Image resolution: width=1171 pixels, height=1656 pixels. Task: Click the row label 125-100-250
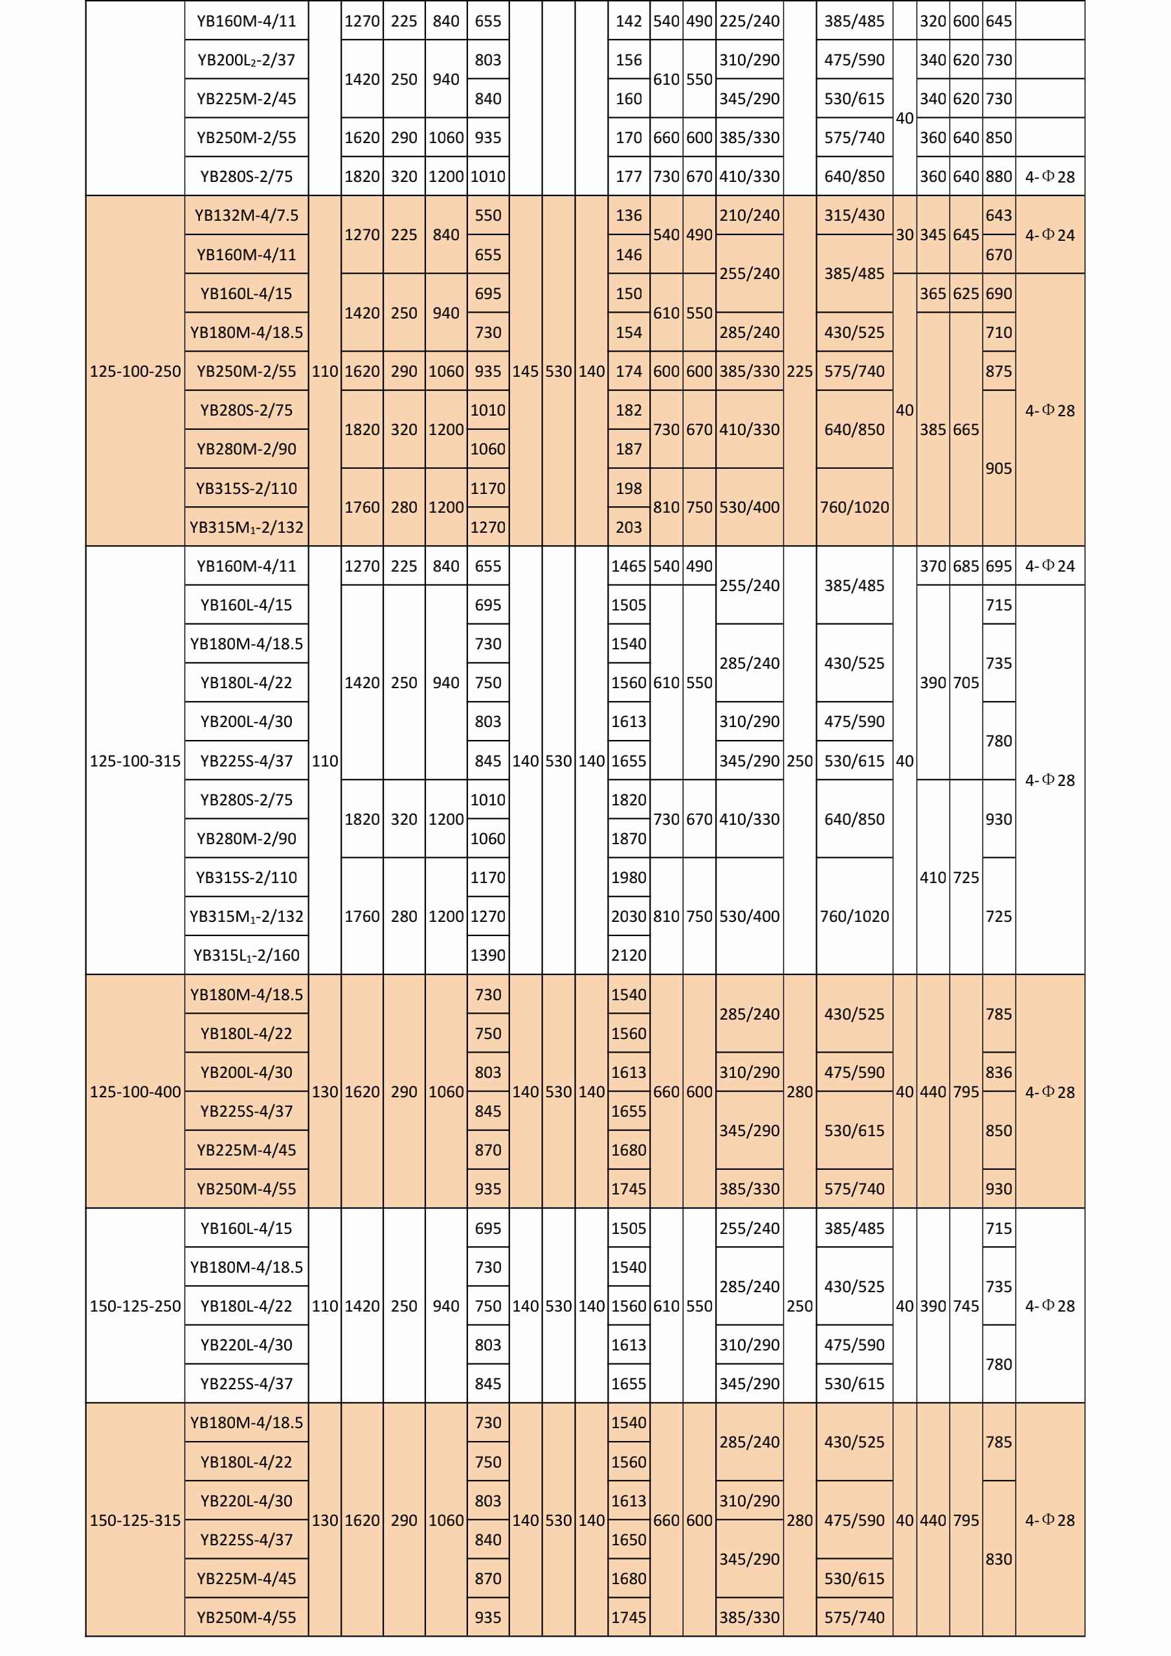(x=135, y=372)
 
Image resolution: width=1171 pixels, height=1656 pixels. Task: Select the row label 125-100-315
(x=135, y=761)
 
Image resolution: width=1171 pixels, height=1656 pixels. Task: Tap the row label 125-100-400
(x=135, y=1092)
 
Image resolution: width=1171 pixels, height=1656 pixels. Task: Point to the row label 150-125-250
(x=135, y=1306)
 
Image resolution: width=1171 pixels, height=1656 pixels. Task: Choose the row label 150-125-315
(x=135, y=1521)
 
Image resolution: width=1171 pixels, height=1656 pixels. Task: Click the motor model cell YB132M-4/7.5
(x=247, y=216)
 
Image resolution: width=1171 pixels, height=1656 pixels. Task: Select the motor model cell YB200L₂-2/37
(x=247, y=60)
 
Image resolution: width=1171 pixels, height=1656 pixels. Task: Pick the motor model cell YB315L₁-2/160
(x=247, y=956)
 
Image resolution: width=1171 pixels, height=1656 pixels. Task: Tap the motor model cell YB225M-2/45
(x=247, y=99)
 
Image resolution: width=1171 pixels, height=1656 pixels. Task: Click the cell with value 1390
(x=488, y=956)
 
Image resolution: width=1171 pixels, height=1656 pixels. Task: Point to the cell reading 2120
(x=629, y=956)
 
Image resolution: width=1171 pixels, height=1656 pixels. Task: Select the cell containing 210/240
(x=749, y=216)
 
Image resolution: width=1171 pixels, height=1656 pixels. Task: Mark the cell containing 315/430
(x=854, y=216)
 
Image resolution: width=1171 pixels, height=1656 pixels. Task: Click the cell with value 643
(x=999, y=216)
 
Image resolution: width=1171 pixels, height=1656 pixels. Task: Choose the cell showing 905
(x=999, y=469)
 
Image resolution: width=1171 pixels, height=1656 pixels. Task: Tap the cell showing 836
(x=999, y=1073)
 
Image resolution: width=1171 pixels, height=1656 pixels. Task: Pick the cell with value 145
(x=526, y=372)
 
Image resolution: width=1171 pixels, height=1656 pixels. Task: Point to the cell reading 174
(x=629, y=372)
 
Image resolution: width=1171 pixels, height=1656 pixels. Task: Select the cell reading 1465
(x=629, y=566)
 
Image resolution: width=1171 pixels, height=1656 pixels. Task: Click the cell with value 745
(x=966, y=1306)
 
